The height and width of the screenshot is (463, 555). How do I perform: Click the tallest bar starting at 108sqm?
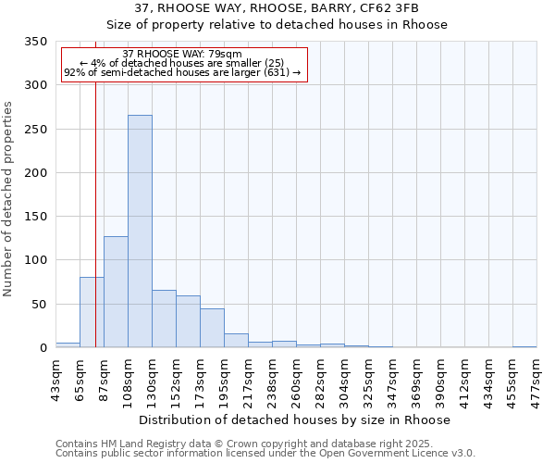pyautogui.click(x=140, y=231)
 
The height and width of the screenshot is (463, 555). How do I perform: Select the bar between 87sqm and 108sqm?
pyautogui.click(x=116, y=292)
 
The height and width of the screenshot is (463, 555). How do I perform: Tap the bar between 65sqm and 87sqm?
pyautogui.click(x=92, y=312)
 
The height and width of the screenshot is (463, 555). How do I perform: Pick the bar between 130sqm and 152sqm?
pyautogui.click(x=164, y=319)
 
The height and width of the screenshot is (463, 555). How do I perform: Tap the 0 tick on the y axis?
pyautogui.click(x=43, y=348)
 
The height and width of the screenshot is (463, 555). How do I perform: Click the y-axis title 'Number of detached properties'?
pyautogui.click(x=8, y=199)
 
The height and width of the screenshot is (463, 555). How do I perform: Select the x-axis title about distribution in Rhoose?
pyautogui.click(x=295, y=419)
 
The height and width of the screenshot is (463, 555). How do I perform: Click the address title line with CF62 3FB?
pyautogui.click(x=277, y=7)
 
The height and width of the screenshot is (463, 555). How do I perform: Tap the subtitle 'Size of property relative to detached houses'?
pyautogui.click(x=277, y=24)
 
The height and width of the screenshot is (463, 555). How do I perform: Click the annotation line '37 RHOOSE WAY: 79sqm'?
pyautogui.click(x=182, y=54)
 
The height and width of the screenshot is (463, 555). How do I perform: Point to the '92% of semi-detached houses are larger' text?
pyautogui.click(x=182, y=72)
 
